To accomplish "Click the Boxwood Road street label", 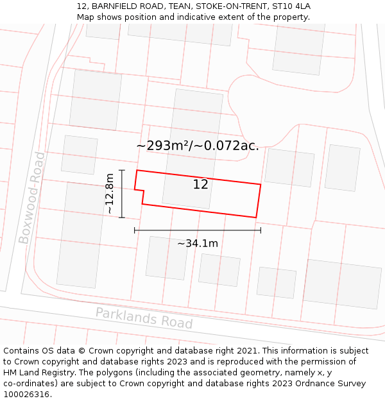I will (x=32, y=198).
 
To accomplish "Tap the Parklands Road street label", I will (x=144, y=318).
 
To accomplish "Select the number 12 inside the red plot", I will (x=200, y=185).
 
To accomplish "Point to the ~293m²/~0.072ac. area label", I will (x=198, y=146).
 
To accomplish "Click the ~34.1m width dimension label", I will (x=198, y=243).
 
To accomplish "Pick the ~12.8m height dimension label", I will (x=110, y=194).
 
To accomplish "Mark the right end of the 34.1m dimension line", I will (x=261, y=230).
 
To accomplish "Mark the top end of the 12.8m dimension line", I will (x=121, y=170).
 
